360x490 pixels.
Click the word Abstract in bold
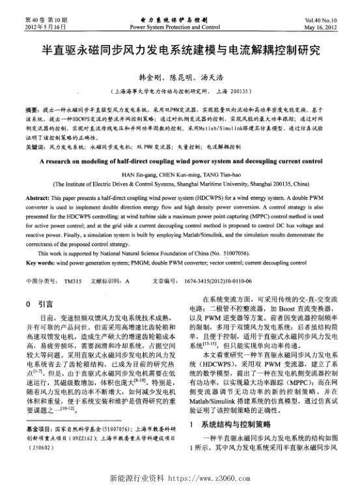point(36,197)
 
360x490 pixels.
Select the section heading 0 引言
point(36,303)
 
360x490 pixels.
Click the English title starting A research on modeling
point(180,160)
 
